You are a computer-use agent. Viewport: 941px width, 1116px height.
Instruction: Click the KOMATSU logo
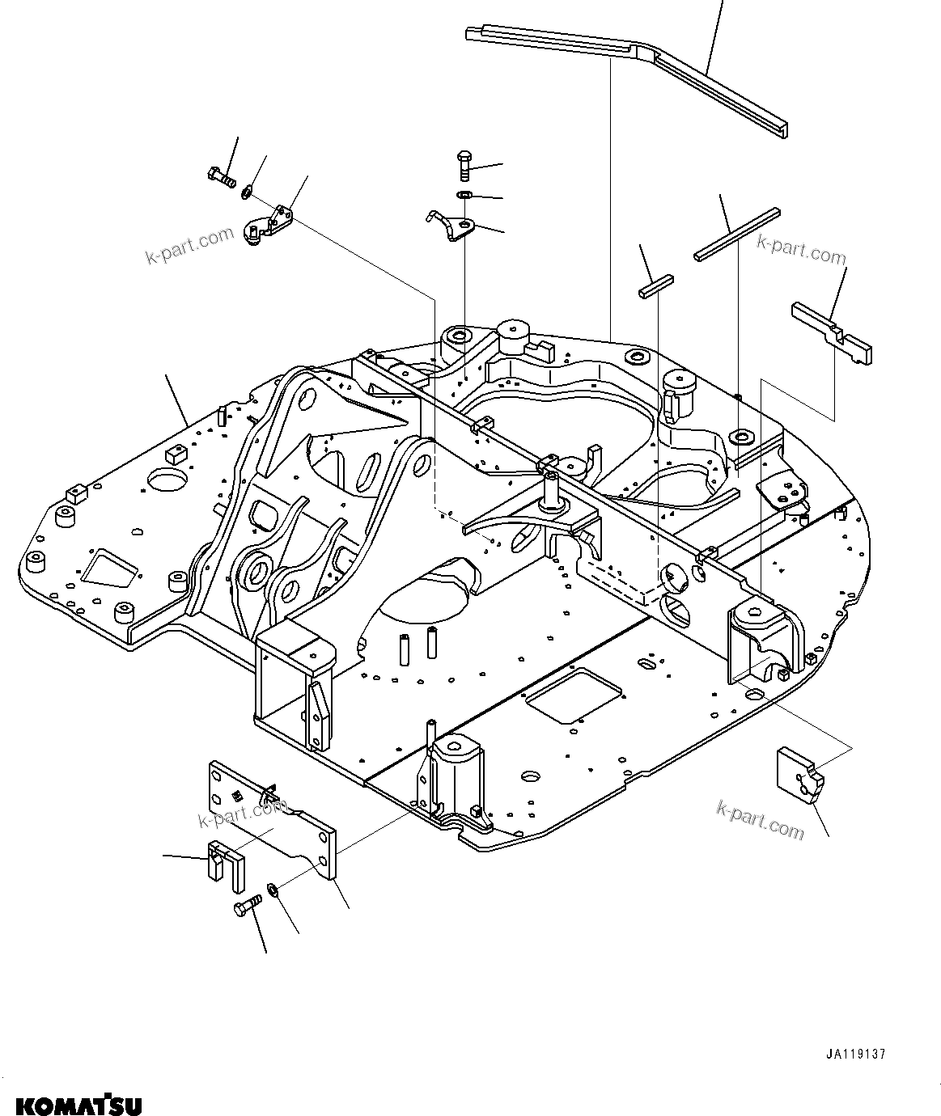pos(78,1104)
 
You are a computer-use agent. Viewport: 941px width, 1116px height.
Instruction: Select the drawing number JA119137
pos(856,1055)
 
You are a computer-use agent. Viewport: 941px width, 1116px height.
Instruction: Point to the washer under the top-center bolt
pos(464,195)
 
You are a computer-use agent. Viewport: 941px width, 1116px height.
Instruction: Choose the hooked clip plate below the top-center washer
pos(451,226)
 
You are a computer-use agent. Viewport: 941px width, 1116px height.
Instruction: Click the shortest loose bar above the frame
pos(655,286)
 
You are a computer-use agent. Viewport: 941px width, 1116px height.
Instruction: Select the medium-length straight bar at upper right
pos(737,235)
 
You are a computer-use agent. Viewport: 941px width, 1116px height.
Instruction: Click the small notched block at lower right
pos(799,776)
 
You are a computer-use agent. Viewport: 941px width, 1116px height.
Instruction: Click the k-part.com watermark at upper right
pos(801,249)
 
